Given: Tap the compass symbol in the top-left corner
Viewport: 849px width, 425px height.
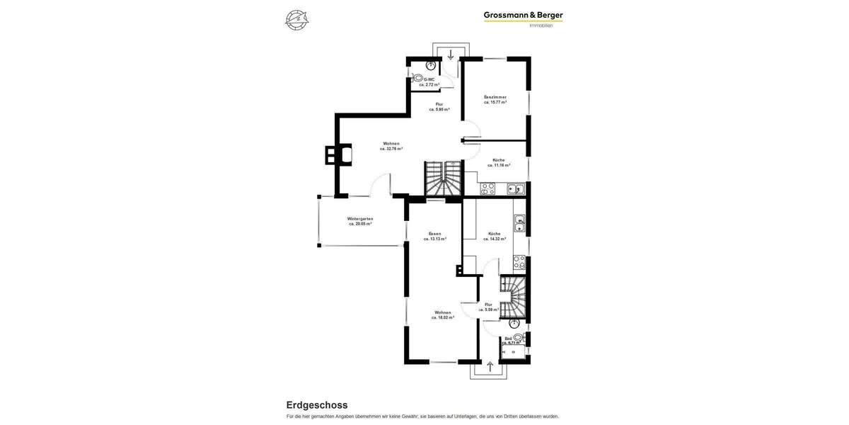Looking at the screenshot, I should coord(296,19).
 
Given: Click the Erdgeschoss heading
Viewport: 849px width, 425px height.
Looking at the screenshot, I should coord(317,405).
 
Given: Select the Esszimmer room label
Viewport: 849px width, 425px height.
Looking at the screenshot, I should coord(495,97).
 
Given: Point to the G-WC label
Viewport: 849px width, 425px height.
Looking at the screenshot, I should coord(429,79).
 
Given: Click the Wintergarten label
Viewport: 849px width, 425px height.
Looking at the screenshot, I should coord(360,219).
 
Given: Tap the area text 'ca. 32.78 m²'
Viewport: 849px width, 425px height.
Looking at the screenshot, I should coord(391,149).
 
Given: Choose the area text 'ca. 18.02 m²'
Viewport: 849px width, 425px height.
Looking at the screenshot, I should coord(443,317).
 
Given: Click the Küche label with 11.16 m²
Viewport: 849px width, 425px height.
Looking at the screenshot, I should coord(499,160).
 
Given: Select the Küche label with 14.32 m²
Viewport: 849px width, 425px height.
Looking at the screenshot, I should coord(495,234).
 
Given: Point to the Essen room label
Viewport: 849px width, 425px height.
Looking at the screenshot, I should coord(435,234).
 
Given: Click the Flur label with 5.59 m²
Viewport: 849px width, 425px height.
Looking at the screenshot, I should coord(488,305).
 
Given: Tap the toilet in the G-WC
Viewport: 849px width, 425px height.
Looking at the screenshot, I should coord(418,77).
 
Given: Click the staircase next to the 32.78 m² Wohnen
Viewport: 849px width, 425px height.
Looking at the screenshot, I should coord(442,178).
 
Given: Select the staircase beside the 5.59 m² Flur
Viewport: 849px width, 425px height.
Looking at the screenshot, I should coord(514,296).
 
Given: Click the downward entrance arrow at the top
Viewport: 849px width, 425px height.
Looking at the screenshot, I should coord(451,55).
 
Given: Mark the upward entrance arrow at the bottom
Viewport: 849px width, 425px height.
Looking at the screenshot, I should coord(490,367).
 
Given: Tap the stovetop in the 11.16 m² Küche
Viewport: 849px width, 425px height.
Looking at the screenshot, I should coord(487,188).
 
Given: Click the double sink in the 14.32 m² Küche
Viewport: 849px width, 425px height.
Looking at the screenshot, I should coord(519,223).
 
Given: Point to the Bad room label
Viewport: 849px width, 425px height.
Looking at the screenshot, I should coord(508,339).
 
